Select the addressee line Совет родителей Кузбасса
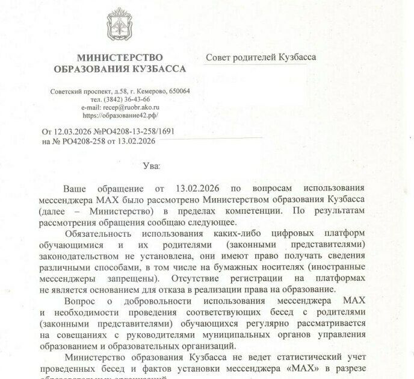[x=261, y=57]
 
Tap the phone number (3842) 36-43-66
[x=120, y=99]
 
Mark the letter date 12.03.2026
[x=73, y=131]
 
